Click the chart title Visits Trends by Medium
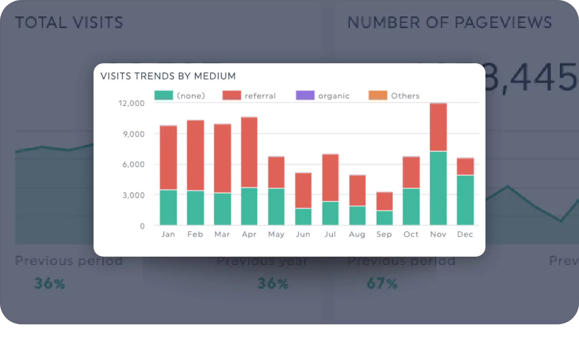168,76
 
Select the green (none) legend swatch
163,95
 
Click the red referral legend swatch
231,95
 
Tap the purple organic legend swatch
305,95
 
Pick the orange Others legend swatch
378,95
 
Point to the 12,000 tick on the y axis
131,103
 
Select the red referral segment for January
168,158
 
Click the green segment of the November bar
438,188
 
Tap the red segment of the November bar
438,127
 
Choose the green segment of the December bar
465,200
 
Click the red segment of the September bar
384,201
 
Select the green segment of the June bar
303,217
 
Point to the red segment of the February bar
196,155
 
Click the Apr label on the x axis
249,234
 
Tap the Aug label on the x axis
357,234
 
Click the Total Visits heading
69,23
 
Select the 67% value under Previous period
382,283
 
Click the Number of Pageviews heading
449,23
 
